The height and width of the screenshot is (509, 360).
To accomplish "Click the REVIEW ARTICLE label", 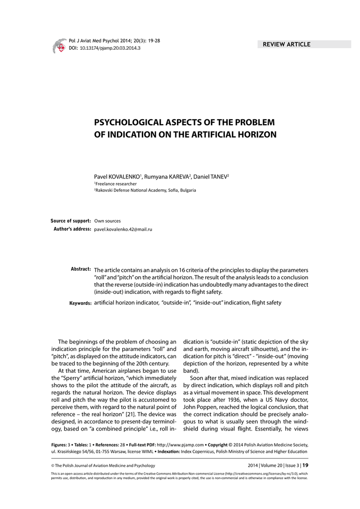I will tap(287, 44).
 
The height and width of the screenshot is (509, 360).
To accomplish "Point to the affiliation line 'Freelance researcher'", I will tap(116, 183).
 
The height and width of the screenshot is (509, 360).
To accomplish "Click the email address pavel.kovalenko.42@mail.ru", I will tap(123, 229).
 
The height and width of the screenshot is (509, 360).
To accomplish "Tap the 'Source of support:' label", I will tap(71, 221).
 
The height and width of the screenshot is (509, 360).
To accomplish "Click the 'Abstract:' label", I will tap(81, 269).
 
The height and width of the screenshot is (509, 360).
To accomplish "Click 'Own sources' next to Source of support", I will tap(107, 221).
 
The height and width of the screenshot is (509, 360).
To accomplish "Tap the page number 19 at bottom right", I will tap(305, 466).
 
